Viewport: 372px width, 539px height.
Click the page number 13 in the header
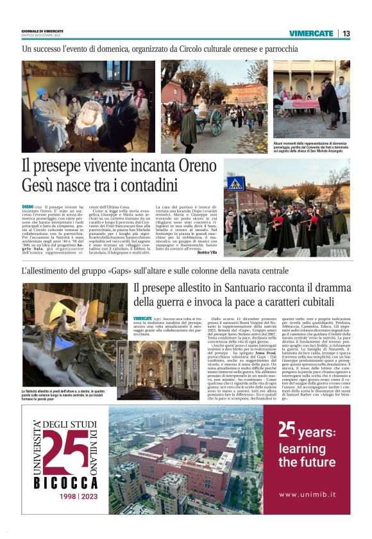(346, 33)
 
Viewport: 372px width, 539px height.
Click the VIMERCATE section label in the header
(311, 33)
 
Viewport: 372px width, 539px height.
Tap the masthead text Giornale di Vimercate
(44, 30)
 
